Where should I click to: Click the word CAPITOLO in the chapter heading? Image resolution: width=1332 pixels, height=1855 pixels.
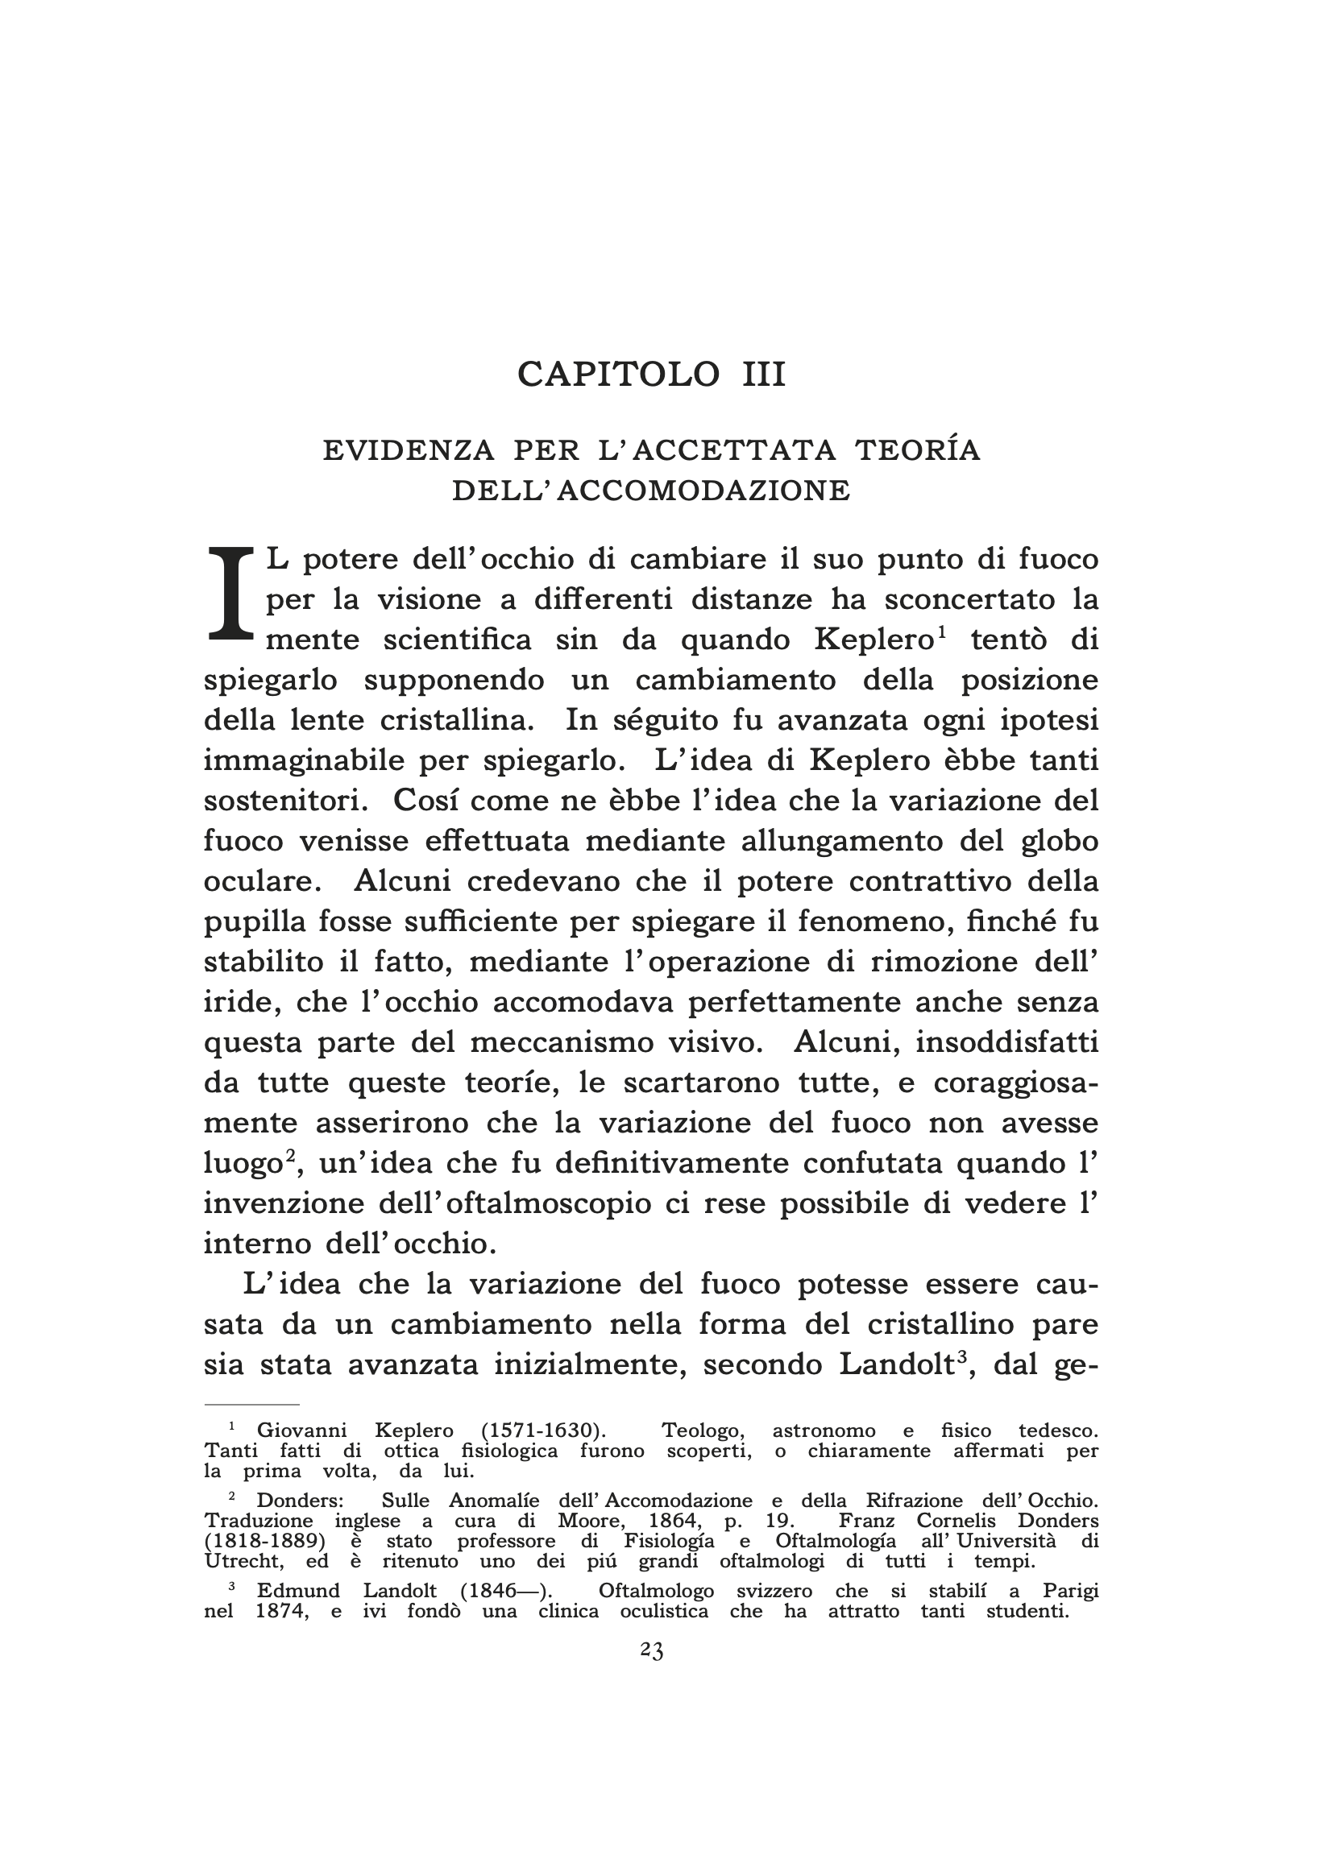coord(618,375)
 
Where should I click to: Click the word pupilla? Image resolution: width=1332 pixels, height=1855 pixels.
coord(254,922)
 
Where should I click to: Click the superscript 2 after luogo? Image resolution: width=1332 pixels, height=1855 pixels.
coord(288,1155)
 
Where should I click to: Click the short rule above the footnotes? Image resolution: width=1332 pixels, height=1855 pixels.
coord(251,1404)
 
